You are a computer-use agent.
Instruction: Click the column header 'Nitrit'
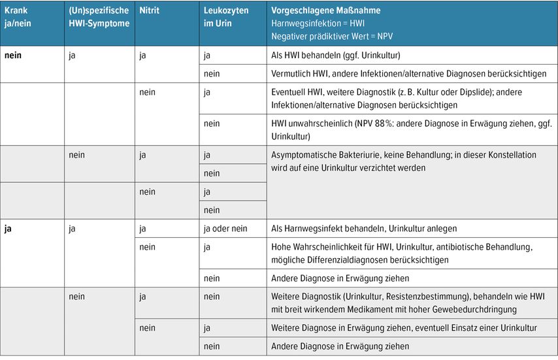pyautogui.click(x=150, y=11)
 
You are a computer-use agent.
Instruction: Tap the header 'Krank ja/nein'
pyautogui.click(x=20, y=17)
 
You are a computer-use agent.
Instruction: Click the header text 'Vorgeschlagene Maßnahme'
pyautogui.click(x=325, y=11)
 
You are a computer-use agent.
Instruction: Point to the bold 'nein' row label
pyautogui.click(x=13, y=56)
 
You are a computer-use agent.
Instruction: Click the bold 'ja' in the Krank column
pyautogui.click(x=8, y=229)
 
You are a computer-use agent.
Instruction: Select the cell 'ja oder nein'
pyautogui.click(x=225, y=229)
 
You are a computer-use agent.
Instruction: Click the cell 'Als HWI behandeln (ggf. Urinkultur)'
pyautogui.click(x=335, y=56)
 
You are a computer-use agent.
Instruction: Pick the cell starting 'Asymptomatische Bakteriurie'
pyautogui.click(x=403, y=161)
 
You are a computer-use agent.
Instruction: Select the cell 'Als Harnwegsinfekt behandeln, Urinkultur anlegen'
pyautogui.click(x=363, y=229)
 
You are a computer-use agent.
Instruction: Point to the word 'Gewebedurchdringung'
pyautogui.click(x=477, y=309)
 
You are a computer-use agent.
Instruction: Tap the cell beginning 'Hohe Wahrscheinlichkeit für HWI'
pyautogui.click(x=402, y=254)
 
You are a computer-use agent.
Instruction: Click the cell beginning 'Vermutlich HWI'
pyautogui.click(x=408, y=74)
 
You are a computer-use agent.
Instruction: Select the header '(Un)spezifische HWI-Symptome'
pyautogui.click(x=98, y=17)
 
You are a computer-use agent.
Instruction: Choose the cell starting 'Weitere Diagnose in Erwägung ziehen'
pyautogui.click(x=404, y=327)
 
